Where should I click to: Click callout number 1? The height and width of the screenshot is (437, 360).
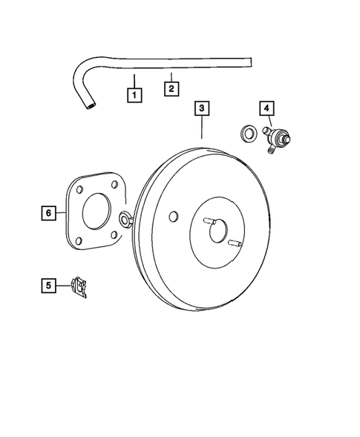(134, 95)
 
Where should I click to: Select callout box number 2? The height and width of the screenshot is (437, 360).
(171, 89)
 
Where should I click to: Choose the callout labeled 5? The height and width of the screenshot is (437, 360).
(48, 284)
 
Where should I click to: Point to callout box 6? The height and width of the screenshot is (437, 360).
(48, 214)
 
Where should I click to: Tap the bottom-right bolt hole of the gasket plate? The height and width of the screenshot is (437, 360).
(112, 235)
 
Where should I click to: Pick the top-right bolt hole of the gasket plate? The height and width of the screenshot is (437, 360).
(115, 186)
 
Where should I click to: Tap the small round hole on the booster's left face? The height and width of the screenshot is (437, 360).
(173, 217)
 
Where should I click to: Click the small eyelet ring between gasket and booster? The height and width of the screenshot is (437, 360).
(124, 219)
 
